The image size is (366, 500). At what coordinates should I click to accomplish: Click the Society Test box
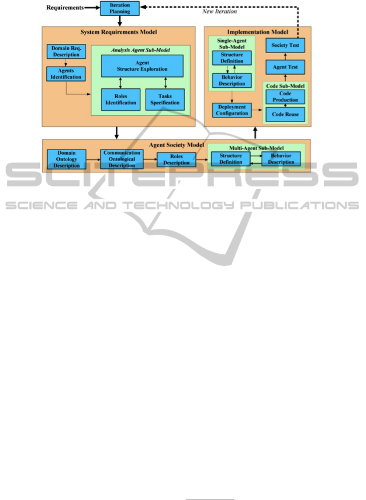click(285, 45)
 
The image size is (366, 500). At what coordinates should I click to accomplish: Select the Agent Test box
click(285, 66)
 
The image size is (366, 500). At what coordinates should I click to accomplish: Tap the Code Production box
click(285, 97)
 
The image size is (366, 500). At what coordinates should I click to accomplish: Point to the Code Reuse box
click(285, 114)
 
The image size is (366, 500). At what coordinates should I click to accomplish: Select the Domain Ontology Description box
click(67, 159)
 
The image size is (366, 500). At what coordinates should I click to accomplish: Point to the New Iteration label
click(220, 12)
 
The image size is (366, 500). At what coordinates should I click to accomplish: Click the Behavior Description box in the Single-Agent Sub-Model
click(232, 81)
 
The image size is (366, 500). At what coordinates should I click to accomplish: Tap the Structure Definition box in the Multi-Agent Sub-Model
click(230, 159)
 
